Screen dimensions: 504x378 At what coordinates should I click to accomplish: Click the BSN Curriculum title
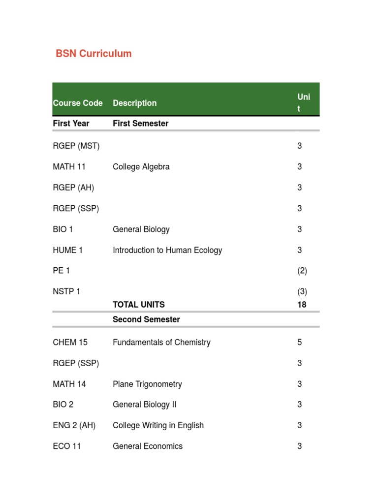tap(94, 54)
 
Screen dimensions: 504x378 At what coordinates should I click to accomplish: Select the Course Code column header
tap(78, 103)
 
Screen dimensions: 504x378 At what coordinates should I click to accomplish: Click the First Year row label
tap(71, 124)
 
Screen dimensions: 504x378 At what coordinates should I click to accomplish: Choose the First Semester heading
tap(140, 124)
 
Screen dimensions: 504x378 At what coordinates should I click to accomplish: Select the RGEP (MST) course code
tap(76, 146)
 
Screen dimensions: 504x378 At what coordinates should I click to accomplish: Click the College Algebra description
tap(141, 167)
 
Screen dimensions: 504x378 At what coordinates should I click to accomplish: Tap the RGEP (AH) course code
tap(73, 188)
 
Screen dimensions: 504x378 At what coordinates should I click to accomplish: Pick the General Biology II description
tap(144, 405)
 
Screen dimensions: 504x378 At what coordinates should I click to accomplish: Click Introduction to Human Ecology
tap(167, 250)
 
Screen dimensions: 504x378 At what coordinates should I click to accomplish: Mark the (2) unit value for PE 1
tap(302, 271)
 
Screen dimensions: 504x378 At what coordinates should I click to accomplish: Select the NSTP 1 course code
tap(66, 291)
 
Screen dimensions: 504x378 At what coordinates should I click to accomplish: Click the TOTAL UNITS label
tap(139, 305)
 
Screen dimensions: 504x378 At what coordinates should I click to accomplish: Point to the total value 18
tap(302, 305)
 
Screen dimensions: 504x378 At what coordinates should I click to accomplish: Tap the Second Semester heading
tap(146, 319)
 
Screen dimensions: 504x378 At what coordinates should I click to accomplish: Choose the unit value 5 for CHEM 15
tap(299, 342)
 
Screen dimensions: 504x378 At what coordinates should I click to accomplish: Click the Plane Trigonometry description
tap(147, 384)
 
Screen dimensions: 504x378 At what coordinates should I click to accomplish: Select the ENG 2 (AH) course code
tap(74, 425)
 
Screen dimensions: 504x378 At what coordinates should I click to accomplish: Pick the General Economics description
tap(148, 446)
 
